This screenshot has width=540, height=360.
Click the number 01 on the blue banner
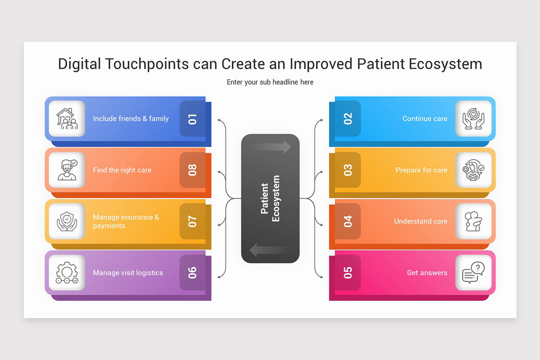tap(193, 119)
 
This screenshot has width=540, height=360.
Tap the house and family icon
tap(67, 119)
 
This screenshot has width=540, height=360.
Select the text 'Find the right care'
tap(122, 170)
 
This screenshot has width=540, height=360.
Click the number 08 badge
tap(193, 170)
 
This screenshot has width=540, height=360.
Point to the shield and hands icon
tap(67, 221)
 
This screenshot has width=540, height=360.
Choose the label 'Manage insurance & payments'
tap(126, 221)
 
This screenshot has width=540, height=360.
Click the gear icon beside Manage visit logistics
tap(67, 273)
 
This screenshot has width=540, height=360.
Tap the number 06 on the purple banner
tap(193, 273)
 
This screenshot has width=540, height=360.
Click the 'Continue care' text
tap(425, 119)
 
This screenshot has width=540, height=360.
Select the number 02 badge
tap(348, 119)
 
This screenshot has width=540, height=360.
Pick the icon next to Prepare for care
tap(473, 170)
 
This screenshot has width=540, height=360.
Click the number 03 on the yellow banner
tap(348, 170)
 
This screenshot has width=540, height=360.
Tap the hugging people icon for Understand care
tap(473, 221)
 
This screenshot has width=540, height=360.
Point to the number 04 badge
tap(348, 221)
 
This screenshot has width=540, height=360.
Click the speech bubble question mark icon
tap(473, 273)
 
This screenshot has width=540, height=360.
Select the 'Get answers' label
tap(427, 273)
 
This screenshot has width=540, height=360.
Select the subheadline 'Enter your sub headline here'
tap(270, 82)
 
